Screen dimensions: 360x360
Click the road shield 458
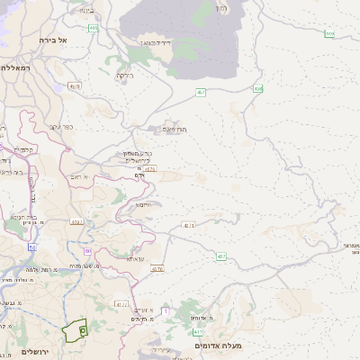click(258, 88)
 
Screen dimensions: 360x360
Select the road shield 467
click(200, 92)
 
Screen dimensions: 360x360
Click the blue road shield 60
click(88, 250)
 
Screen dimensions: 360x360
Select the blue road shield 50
click(32, 246)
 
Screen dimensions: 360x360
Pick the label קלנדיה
click(23, 149)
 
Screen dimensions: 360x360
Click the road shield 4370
click(149, 168)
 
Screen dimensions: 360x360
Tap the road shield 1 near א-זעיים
click(166, 310)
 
